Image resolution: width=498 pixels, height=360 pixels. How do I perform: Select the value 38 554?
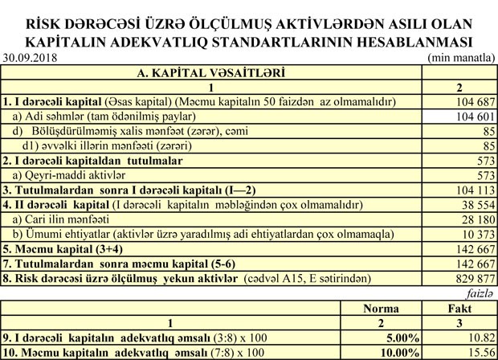pos(474,204)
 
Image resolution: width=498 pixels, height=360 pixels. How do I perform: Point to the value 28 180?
pos(474,219)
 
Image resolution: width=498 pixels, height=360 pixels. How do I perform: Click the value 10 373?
pos(474,233)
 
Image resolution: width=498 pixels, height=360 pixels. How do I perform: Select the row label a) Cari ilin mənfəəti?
pos(60,219)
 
